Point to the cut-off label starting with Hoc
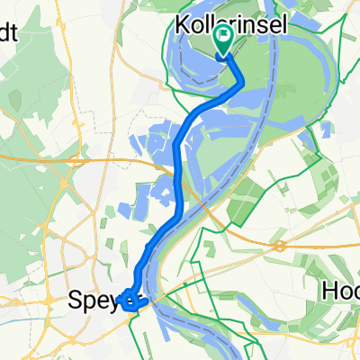341,292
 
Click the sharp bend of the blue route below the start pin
240,83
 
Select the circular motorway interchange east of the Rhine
281,244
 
